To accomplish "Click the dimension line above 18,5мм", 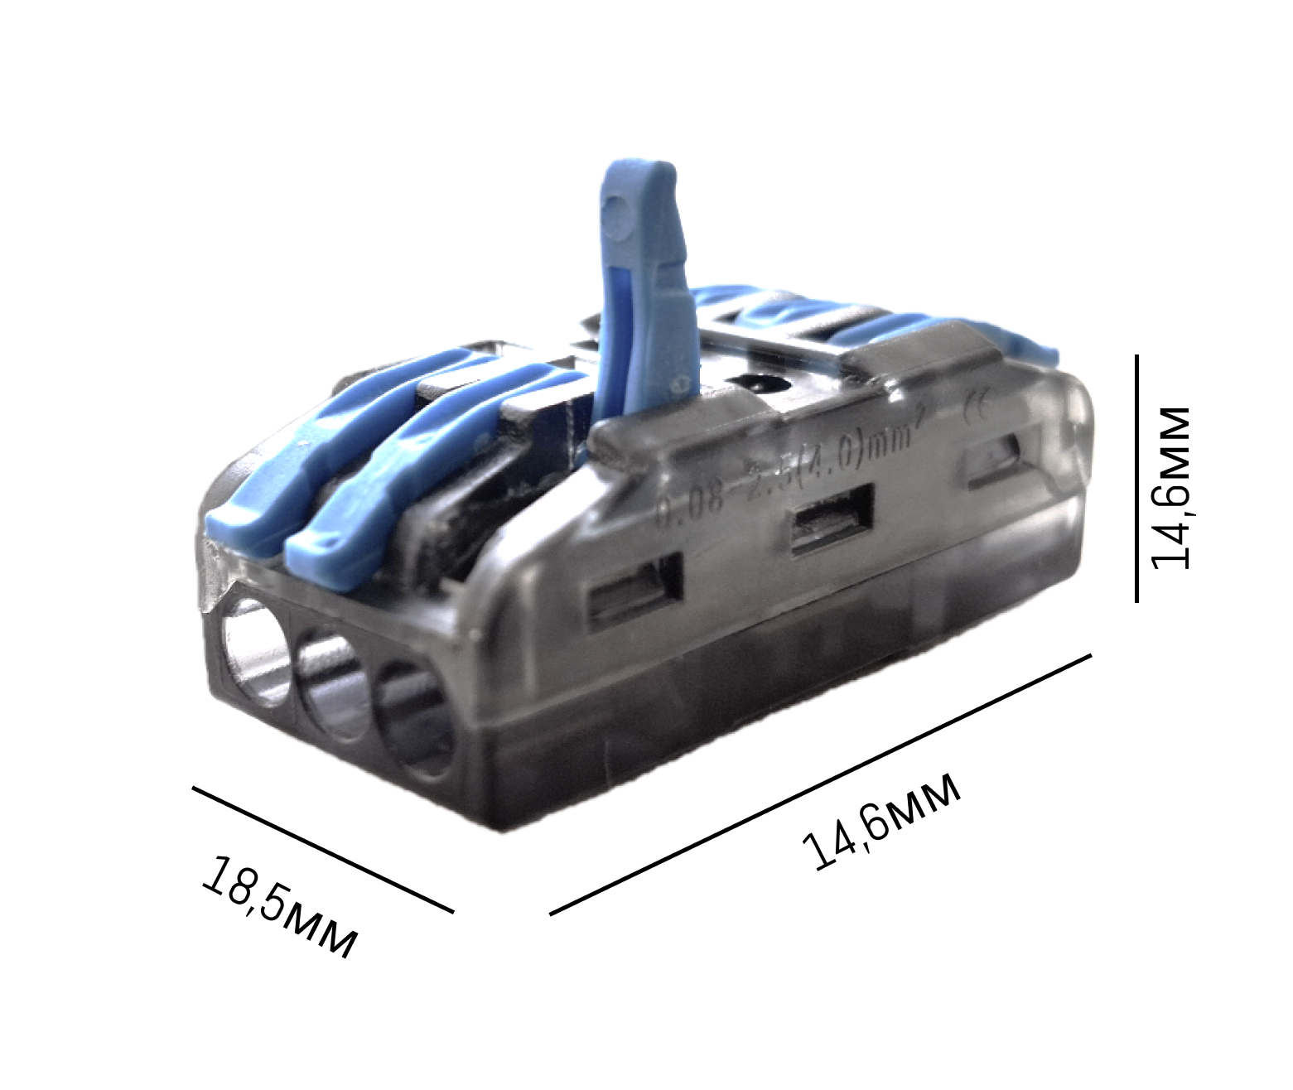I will pyautogui.click(x=323, y=849).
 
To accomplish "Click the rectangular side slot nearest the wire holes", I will pyautogui.click(x=636, y=594).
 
